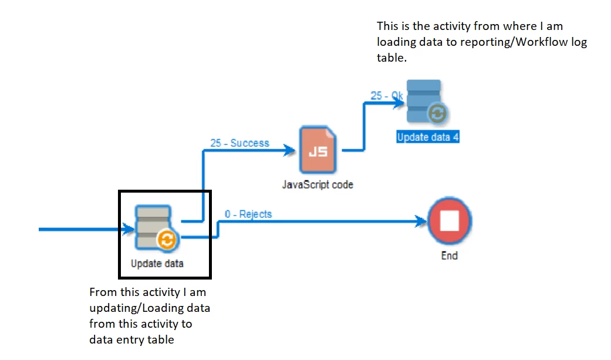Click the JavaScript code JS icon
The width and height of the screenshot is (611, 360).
coord(318,151)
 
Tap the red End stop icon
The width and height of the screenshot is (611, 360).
coord(450,222)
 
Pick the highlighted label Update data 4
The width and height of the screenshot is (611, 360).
coord(428,137)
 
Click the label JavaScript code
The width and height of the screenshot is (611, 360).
coord(318,184)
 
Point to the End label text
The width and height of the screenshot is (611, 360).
coord(450,255)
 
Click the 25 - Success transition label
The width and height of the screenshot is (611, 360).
coord(239,143)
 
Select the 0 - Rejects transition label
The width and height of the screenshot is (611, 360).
coord(248,214)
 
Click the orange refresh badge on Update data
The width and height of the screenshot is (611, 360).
coord(167,240)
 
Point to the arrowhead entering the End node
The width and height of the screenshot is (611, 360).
coord(421,222)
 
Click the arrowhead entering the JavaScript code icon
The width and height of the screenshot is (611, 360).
coord(289,151)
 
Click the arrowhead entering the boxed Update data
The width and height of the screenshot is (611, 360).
coord(126,230)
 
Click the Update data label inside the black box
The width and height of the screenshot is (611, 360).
coord(157,264)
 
